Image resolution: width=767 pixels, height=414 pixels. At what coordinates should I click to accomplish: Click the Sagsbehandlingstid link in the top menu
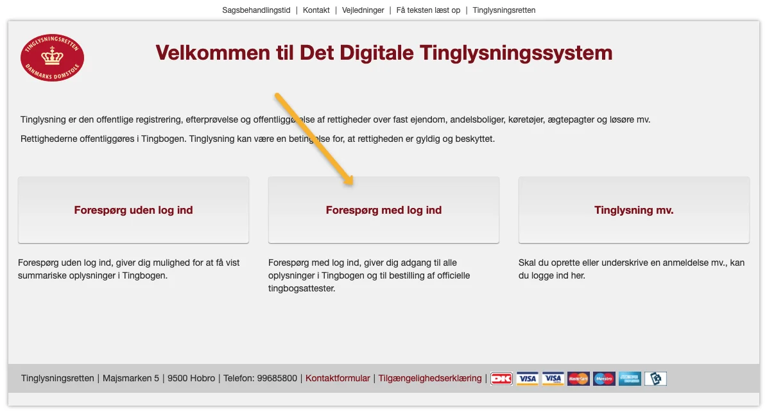256,10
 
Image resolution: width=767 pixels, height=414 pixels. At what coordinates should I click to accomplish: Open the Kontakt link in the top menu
316,10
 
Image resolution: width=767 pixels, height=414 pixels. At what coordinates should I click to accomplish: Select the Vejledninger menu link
363,10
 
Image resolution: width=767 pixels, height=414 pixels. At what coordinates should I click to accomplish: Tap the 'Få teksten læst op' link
428,10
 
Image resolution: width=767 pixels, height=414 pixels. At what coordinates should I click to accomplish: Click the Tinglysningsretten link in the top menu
504,10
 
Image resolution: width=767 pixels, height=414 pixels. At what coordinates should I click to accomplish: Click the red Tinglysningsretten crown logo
53,58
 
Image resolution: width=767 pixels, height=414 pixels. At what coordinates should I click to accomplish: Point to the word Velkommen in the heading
213,53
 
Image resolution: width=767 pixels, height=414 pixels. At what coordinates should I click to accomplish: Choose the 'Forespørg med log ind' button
384,210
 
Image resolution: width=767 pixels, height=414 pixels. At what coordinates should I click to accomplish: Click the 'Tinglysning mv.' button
634,210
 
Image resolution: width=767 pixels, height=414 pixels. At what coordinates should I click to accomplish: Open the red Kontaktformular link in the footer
338,378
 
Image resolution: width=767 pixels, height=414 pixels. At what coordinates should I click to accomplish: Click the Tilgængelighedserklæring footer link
430,378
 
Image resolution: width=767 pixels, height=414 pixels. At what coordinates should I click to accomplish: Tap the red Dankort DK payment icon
501,379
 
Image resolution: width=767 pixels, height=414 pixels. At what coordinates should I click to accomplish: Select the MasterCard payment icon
578,379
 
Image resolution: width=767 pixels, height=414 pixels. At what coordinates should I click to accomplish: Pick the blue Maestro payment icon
604,379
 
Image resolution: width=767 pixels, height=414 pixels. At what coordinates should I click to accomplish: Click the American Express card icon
630,379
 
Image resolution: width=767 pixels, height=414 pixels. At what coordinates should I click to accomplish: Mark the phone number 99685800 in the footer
277,378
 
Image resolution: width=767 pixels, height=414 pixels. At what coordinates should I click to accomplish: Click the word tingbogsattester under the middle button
302,289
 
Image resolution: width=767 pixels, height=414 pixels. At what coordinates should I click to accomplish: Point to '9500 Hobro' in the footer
191,378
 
